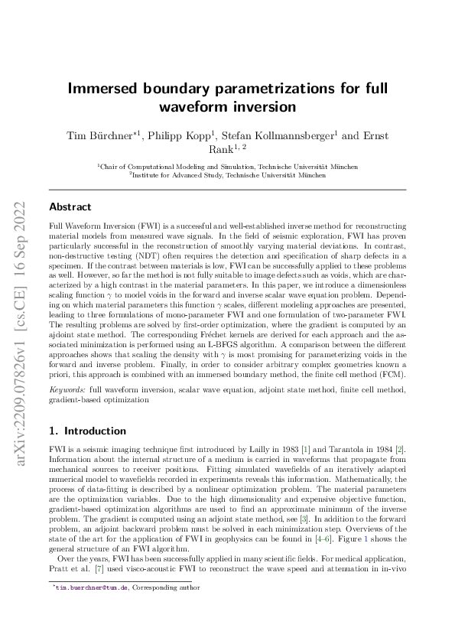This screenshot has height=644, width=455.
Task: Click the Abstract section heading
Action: tap(70, 207)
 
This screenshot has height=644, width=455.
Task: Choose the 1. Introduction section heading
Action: tap(88, 431)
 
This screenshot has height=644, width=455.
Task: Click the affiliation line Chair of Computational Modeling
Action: tap(227, 166)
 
